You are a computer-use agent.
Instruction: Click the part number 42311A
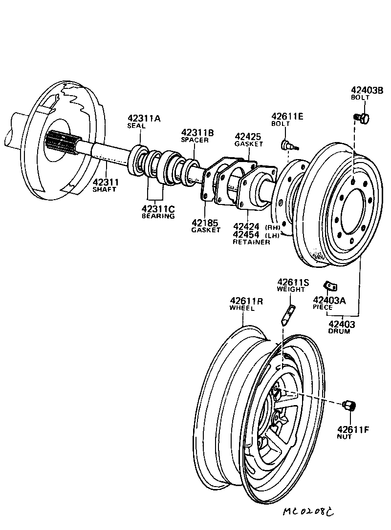(144, 118)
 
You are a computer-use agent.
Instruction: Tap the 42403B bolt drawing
(363, 118)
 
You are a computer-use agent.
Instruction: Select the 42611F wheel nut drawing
(350, 406)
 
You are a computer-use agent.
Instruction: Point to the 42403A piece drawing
(331, 285)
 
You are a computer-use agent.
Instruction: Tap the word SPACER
(195, 140)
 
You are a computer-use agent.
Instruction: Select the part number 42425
(248, 136)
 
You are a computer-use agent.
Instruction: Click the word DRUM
(339, 331)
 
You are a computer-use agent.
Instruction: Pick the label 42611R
(246, 301)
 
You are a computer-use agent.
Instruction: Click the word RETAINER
(251, 242)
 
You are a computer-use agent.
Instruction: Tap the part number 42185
(205, 223)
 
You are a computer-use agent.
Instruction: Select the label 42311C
(158, 209)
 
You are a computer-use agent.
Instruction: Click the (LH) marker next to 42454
(272, 235)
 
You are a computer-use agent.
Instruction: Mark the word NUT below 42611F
(344, 437)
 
